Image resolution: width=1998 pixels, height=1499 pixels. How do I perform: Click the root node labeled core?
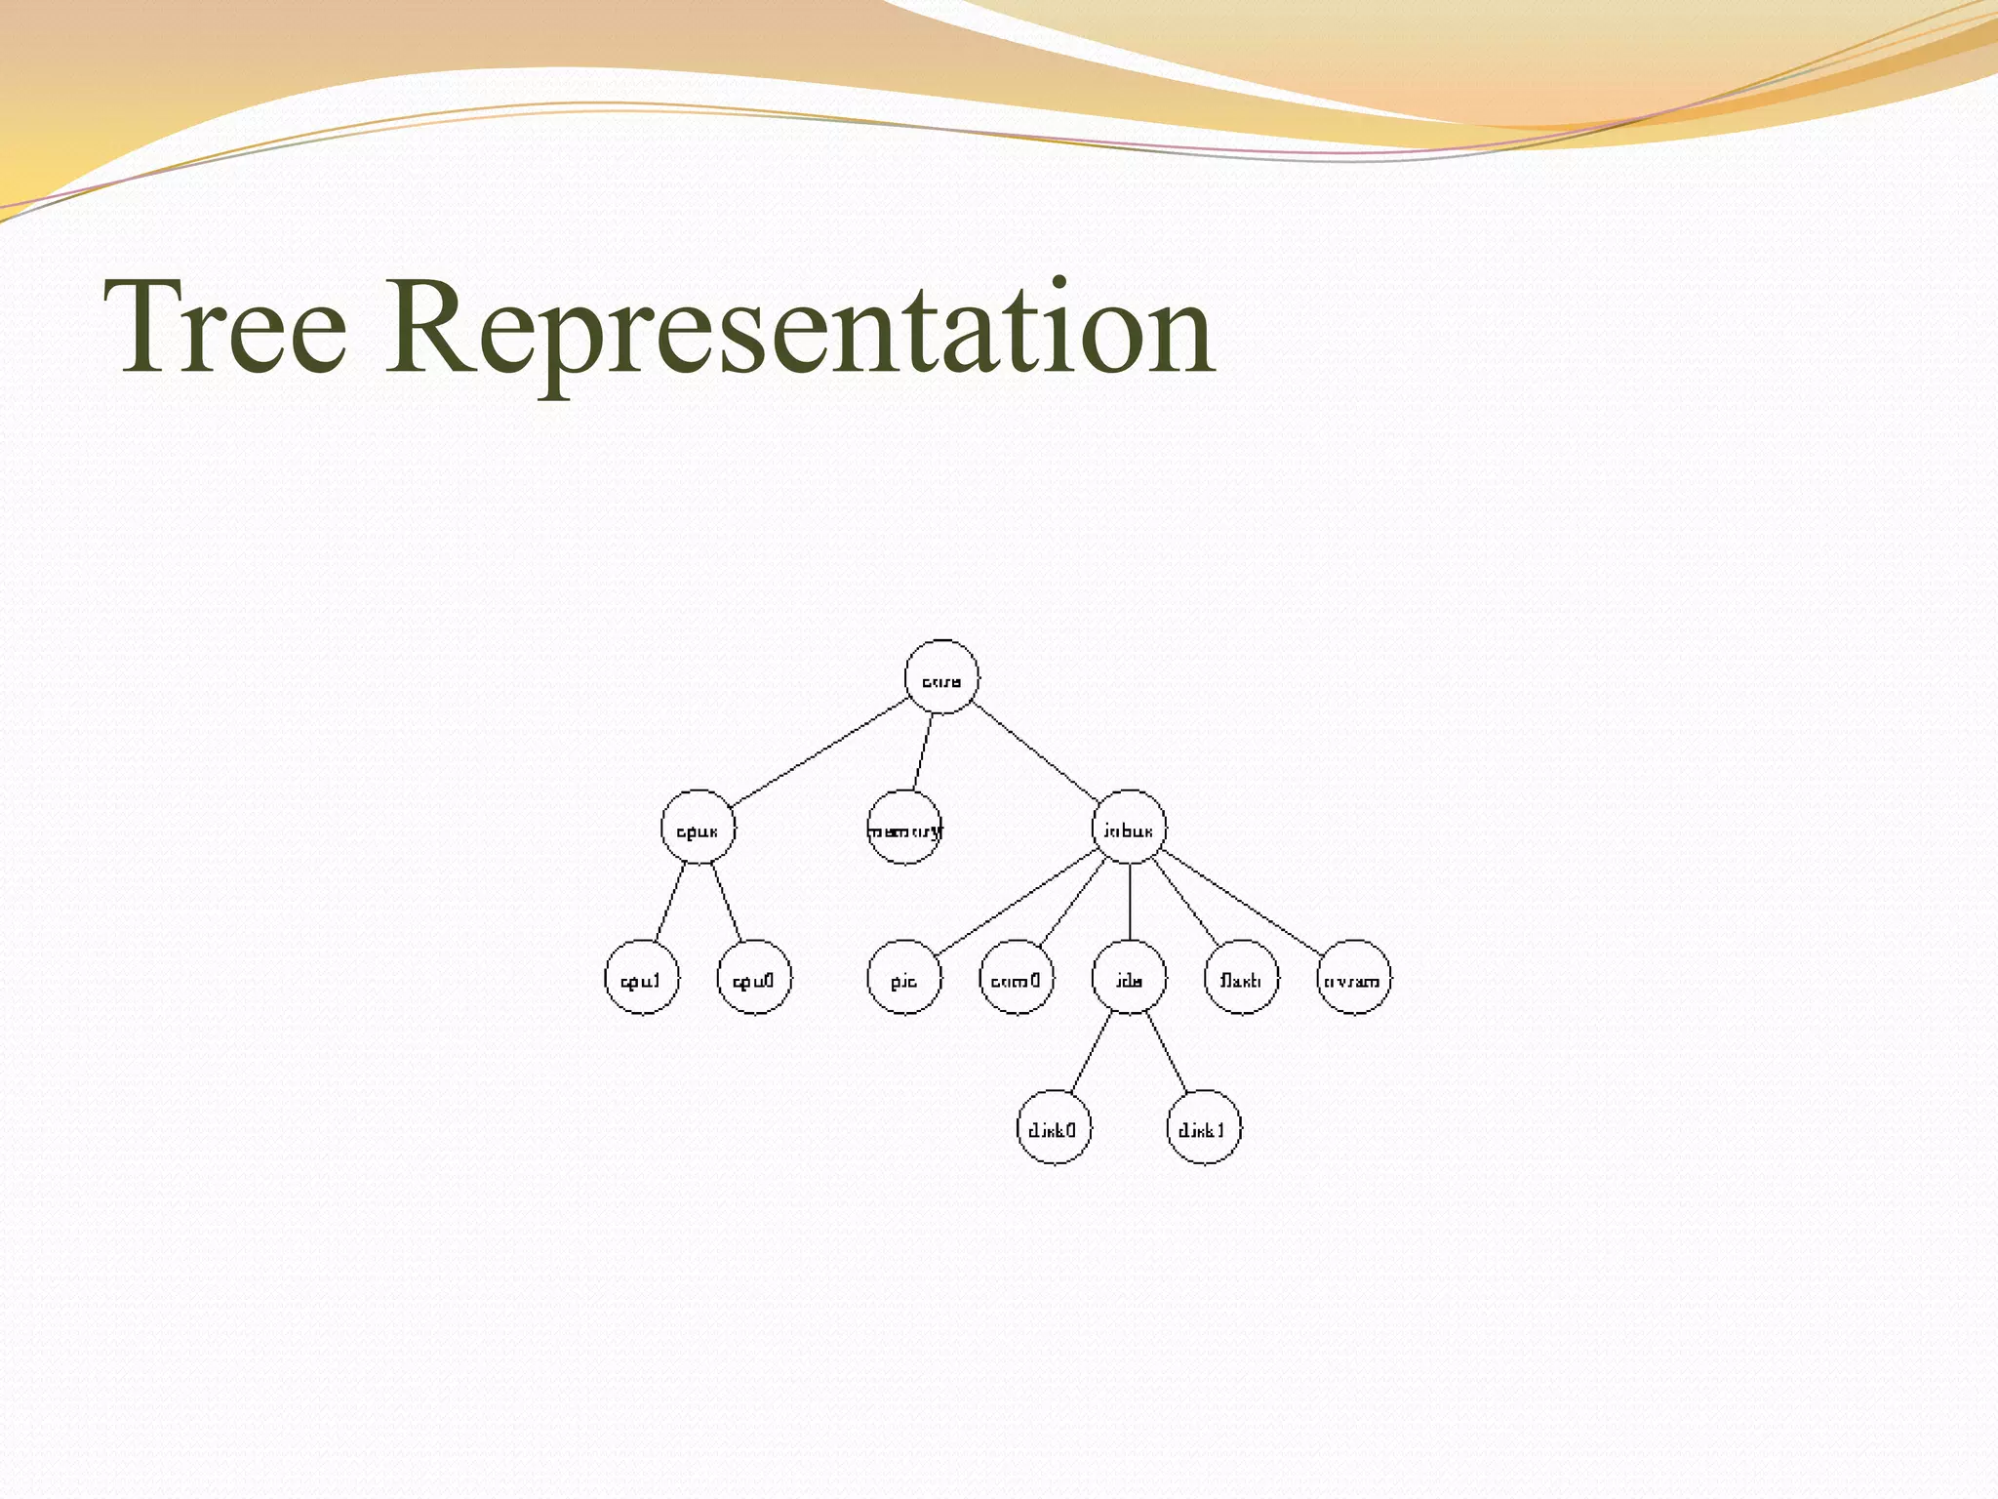[941, 677]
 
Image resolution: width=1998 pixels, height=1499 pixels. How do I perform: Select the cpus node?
[698, 828]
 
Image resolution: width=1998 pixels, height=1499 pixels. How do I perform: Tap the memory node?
[904, 828]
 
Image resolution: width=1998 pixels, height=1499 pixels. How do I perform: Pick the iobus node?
[1129, 828]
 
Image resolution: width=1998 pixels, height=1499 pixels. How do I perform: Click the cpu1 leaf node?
[641, 978]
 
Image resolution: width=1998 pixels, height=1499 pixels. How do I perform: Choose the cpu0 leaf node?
[754, 978]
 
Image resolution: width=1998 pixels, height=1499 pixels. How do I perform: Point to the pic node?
[904, 978]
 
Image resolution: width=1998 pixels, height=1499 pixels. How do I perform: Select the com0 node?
[1017, 978]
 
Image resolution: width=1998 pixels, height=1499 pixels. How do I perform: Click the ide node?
[1129, 978]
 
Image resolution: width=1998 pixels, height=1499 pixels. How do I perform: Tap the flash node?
[1242, 978]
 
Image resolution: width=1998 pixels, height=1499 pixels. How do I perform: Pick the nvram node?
[1354, 978]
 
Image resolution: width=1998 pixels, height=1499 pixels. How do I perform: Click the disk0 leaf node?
[1054, 1128]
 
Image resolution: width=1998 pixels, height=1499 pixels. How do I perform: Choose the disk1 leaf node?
[1204, 1128]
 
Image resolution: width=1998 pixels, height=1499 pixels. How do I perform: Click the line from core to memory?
[923, 751]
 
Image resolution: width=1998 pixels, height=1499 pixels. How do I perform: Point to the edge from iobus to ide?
[1129, 903]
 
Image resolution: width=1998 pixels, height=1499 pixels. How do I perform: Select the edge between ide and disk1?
[1167, 1053]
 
